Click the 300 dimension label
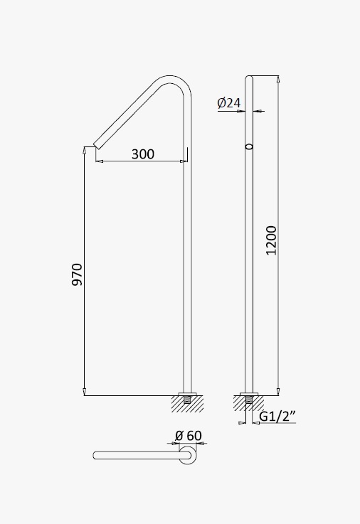pyautogui.click(x=143, y=154)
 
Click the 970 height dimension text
pyautogui.click(x=78, y=274)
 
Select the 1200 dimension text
pyautogui.click(x=271, y=240)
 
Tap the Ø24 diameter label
pyautogui.click(x=228, y=102)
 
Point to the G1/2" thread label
pyautogui.click(x=277, y=417)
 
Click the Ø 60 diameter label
pyautogui.click(x=189, y=435)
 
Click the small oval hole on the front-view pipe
pyautogui.click(x=249, y=146)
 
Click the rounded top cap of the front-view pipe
pyautogui.click(x=249, y=78)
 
